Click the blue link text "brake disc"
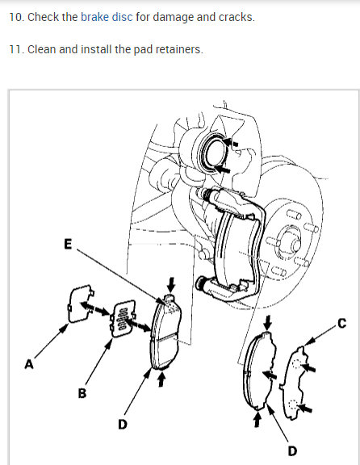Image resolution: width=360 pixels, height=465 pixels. coord(107,17)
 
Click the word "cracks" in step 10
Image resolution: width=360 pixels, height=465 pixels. coord(237,17)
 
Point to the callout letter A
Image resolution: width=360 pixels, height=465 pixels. coord(29,364)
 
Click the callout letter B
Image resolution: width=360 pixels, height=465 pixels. coord(82,393)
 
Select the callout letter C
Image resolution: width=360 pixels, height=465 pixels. coord(342,323)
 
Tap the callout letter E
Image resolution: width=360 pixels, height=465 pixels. coord(68,244)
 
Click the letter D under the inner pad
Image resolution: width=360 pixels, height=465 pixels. coord(123,425)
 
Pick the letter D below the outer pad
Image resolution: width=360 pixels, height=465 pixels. coord(292,451)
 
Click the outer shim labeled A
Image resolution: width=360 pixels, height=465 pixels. coord(80,304)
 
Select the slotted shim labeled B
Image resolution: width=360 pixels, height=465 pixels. coord(123,319)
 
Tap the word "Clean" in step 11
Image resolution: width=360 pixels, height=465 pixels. coord(41,49)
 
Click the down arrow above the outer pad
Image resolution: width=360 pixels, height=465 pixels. coord(268,323)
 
